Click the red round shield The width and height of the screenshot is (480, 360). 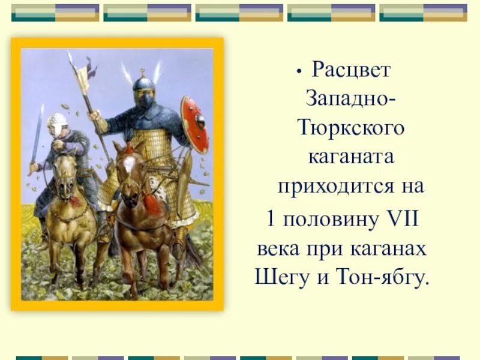point(194,124)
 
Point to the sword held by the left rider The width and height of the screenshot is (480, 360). point(37,135)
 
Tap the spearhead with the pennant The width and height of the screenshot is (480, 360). point(82,75)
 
